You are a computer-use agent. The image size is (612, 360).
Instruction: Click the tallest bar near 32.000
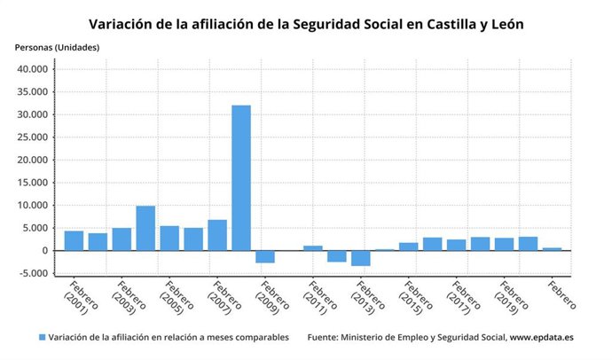tap(241, 177)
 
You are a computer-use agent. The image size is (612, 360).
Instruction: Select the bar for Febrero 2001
tap(74, 240)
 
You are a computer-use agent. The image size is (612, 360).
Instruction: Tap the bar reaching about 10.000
tap(145, 228)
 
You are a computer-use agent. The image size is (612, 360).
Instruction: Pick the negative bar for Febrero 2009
tap(265, 256)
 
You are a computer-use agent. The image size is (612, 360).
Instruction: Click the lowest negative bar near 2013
tap(361, 258)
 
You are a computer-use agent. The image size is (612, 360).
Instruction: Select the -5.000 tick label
tap(35, 273)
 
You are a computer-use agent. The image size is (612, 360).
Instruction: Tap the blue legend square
tap(42, 338)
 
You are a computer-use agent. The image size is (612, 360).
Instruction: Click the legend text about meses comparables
tap(169, 338)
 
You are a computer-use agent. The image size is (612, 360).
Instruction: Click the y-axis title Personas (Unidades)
tap(57, 46)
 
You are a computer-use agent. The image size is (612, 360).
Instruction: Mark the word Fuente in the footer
tap(325, 338)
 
